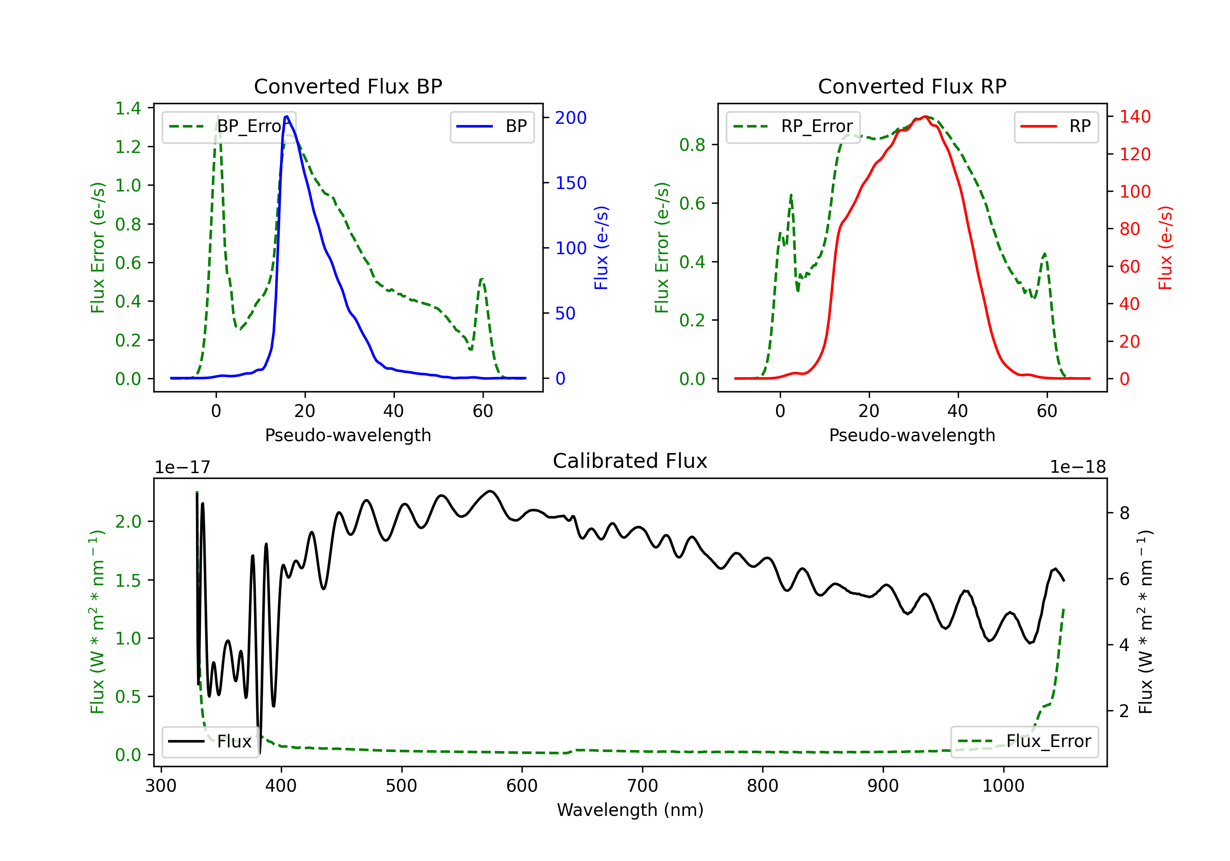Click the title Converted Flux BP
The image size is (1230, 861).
pyautogui.click(x=348, y=86)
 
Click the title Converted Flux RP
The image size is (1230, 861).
pyautogui.click(x=912, y=86)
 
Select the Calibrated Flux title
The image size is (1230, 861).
pyautogui.click(x=630, y=461)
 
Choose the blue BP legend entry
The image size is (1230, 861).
pyautogui.click(x=492, y=126)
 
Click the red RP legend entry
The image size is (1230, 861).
pyautogui.click(x=1056, y=126)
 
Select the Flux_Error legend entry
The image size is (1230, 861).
pyautogui.click(x=1024, y=742)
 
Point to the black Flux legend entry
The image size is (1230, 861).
pyautogui.click(x=210, y=742)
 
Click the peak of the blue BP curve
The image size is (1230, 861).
pyautogui.click(x=287, y=116)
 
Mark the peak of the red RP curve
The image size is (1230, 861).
pyautogui.click(x=925, y=116)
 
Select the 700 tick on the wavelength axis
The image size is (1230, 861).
pyautogui.click(x=642, y=786)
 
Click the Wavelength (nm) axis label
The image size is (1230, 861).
pyautogui.click(x=630, y=810)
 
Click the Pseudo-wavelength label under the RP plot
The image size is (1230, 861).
pyautogui.click(x=912, y=435)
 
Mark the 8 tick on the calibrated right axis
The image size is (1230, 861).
pyautogui.click(x=1125, y=513)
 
